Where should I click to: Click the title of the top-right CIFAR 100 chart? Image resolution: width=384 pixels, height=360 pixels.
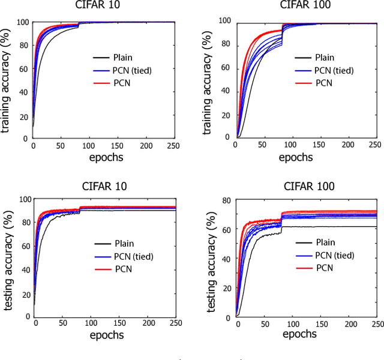pyautogui.click(x=307, y=5)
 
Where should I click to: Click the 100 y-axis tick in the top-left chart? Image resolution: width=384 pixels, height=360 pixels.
pyautogui.click(x=22, y=23)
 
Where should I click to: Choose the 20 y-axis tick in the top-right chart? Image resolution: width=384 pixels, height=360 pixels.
pyautogui.click(x=226, y=114)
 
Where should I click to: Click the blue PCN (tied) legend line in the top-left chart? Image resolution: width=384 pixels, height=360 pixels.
pyautogui.click(x=102, y=70)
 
